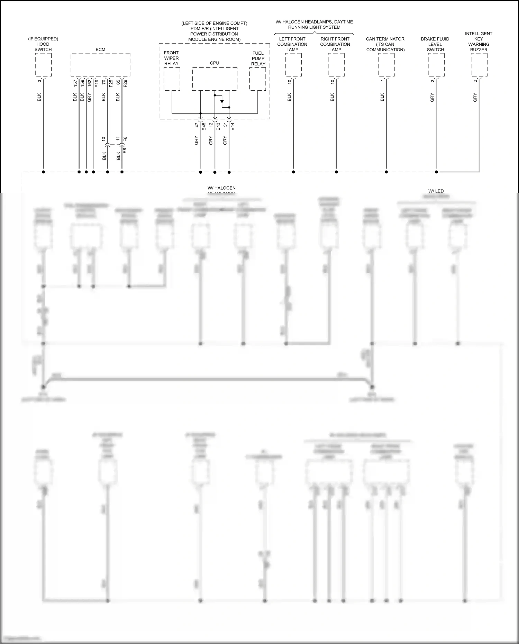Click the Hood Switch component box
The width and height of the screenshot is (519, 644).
tap(43, 65)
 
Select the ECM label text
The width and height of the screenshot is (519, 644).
tap(100, 49)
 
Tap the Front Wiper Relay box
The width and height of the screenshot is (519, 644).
tap(172, 79)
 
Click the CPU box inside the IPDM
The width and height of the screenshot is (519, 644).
tap(215, 79)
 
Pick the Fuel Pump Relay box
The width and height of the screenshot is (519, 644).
tap(258, 79)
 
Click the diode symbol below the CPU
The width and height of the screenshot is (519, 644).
tap(222, 101)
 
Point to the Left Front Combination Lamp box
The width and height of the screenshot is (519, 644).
tap(293, 65)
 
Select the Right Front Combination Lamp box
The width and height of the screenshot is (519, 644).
tap(336, 65)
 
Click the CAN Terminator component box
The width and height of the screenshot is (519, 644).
tap(386, 65)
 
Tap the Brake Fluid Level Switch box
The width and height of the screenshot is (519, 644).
tap(436, 65)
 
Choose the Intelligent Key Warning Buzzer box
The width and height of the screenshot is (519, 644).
tap(479, 65)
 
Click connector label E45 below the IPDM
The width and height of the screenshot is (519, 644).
tap(204, 127)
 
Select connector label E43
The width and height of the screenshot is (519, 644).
tap(218, 127)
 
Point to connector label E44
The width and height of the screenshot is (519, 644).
tap(233, 127)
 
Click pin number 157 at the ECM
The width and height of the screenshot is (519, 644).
tap(75, 83)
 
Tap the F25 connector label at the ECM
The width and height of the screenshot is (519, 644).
tap(111, 83)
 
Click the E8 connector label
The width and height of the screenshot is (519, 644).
tap(125, 151)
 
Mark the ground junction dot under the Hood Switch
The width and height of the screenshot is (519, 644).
tap(43, 172)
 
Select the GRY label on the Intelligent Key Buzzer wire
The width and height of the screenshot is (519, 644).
tap(475, 98)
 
